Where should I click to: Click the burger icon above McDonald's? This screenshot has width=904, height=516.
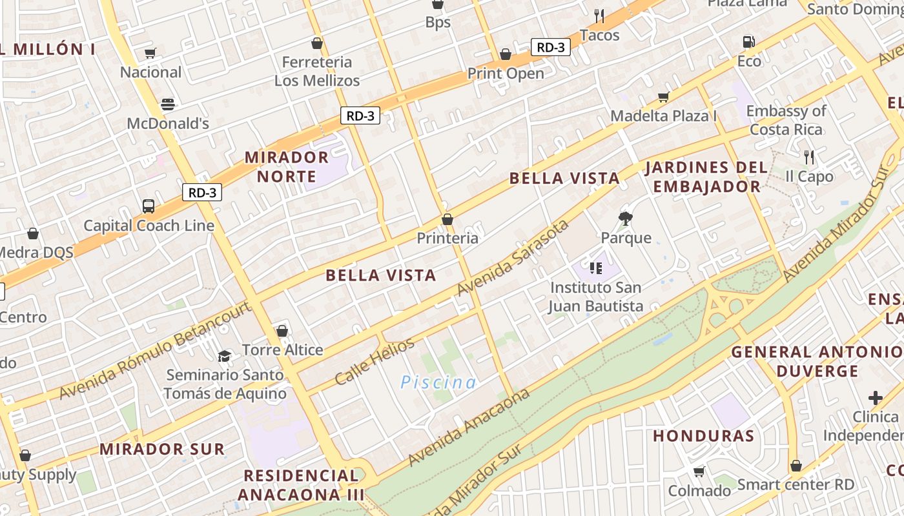click(168, 104)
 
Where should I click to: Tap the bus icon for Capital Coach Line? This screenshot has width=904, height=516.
click(149, 206)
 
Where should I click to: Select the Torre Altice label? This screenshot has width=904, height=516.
click(282, 350)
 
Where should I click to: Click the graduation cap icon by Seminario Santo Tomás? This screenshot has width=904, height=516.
click(224, 356)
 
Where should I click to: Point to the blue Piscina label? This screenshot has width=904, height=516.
click(438, 382)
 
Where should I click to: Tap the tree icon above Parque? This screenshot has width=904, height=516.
click(625, 218)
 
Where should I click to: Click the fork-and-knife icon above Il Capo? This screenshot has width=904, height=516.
click(808, 157)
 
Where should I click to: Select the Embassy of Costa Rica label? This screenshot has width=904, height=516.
click(786, 120)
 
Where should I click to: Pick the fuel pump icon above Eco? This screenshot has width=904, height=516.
click(748, 42)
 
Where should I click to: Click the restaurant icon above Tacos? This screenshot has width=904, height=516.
click(599, 16)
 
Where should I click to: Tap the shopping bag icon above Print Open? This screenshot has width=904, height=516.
click(506, 54)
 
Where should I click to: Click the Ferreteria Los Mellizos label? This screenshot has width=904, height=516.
click(317, 72)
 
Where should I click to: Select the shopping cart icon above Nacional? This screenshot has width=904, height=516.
click(150, 53)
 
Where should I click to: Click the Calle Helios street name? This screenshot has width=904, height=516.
click(375, 362)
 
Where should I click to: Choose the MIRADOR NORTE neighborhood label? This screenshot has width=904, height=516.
click(287, 167)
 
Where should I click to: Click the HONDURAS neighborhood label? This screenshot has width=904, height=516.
click(703, 436)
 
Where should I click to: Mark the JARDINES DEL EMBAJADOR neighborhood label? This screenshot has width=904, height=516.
click(706, 177)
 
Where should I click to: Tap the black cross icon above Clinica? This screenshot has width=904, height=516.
click(875, 398)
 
